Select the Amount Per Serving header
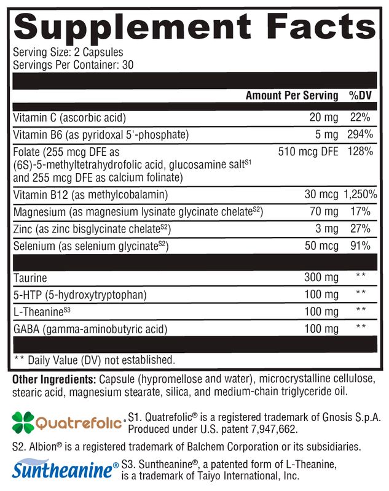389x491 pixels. pyautogui.click(x=292, y=95)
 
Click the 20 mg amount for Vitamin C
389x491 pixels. pyautogui.click(x=324, y=117)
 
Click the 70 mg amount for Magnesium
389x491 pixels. pyautogui.click(x=324, y=212)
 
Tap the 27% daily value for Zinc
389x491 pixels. pyautogui.click(x=361, y=229)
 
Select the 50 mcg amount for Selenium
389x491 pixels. pyautogui.click(x=321, y=246)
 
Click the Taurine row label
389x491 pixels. pyautogui.click(x=29, y=278)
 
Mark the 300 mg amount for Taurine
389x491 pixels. pyautogui.click(x=321, y=278)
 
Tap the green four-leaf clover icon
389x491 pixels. pyautogui.click(x=23, y=422)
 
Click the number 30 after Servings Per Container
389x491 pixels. pyautogui.click(x=128, y=64)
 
